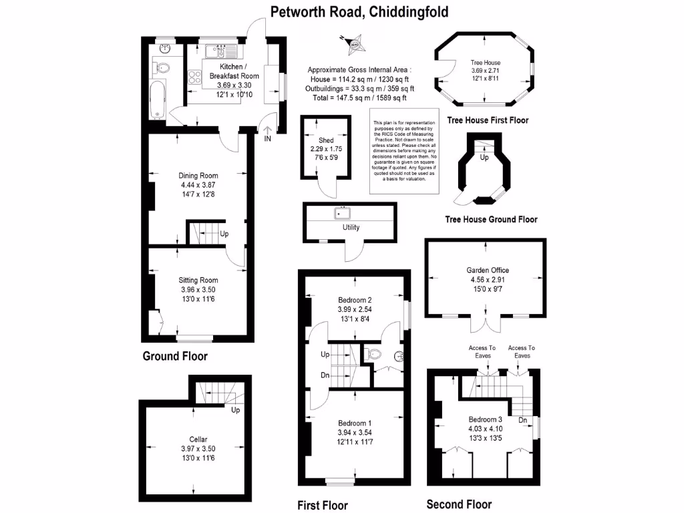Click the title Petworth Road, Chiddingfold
[x=359, y=11]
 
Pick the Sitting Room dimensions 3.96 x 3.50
[x=198, y=290]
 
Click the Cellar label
[x=198, y=439]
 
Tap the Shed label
[x=326, y=140]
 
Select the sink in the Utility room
[x=343, y=214]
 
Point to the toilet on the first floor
[x=374, y=354]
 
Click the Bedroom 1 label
[x=355, y=423]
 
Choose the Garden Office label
[x=488, y=271]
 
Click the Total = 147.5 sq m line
[x=359, y=98]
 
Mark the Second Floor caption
[x=459, y=504]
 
